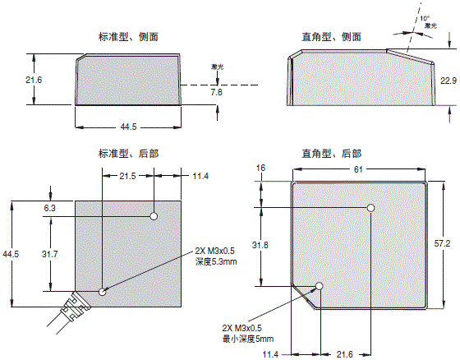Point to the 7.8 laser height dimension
pos(216,94)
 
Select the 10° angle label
pos(425,17)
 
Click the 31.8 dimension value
pos(262,245)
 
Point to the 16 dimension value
pos(262,168)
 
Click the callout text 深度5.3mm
pos(214,263)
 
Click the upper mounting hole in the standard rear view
pos(154,216)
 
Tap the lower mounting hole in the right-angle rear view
pos(320,287)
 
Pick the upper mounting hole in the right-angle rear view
pos(370,209)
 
